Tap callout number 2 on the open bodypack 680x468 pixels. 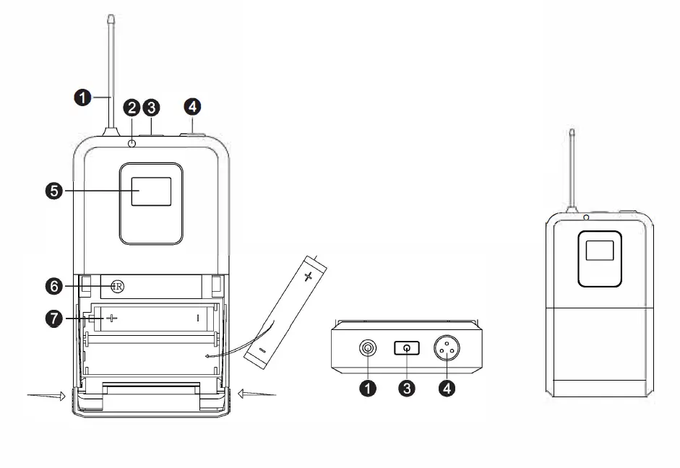tap(132, 108)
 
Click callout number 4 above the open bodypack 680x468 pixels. tap(192, 108)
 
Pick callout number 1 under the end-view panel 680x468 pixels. tap(369, 389)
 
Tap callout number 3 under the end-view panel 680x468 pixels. tap(408, 389)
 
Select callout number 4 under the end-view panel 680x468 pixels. tap(447, 389)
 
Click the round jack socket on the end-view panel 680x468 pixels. tap(369, 350)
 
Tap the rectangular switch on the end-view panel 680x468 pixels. tap(408, 350)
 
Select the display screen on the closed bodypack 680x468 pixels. tap(598, 251)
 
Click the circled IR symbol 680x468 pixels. tap(117, 287)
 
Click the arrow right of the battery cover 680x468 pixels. tap(257, 394)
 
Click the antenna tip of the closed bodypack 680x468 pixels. tap(572, 134)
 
